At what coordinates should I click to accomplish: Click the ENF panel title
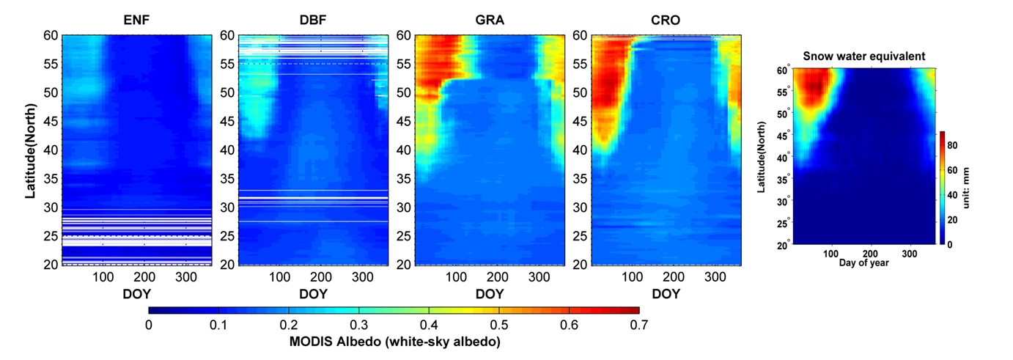click(136, 21)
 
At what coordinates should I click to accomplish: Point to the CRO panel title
click(666, 21)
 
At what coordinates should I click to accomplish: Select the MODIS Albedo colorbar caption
click(394, 342)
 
